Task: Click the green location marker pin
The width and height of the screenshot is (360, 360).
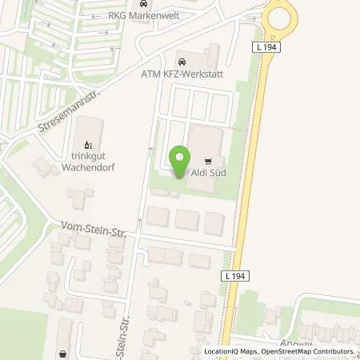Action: (x=180, y=159)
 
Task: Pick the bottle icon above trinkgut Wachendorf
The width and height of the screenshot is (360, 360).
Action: (x=88, y=145)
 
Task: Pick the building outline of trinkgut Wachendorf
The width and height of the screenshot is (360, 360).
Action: (x=90, y=131)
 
